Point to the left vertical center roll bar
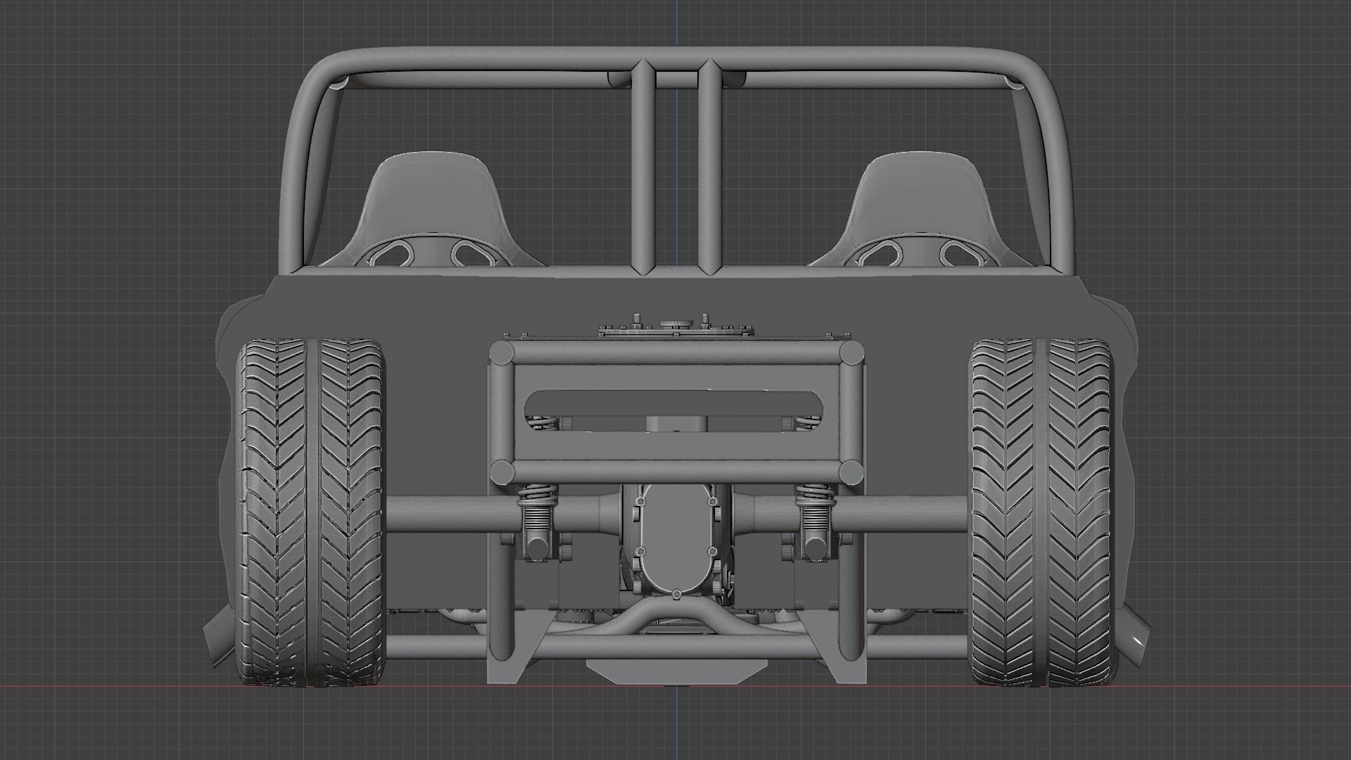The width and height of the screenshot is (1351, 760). (x=643, y=169)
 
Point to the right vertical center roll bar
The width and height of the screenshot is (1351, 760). (x=709, y=169)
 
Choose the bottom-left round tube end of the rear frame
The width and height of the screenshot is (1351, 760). (x=501, y=471)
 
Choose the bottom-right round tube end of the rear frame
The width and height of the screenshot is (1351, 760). (x=850, y=471)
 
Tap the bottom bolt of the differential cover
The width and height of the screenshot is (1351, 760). (x=676, y=595)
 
